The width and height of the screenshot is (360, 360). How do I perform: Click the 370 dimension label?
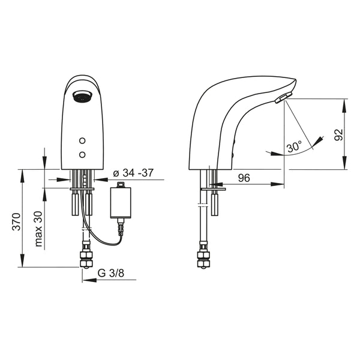coord(17,221)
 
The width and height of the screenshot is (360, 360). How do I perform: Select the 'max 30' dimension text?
coord(38,229)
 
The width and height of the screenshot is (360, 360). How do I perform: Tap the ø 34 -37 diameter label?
coord(133,173)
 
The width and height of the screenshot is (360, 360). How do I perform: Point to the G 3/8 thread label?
coord(111,273)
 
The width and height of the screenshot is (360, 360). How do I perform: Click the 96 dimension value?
coord(244,178)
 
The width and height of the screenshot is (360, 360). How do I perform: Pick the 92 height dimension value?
coord(338,135)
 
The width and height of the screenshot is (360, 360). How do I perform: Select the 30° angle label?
coord(295,146)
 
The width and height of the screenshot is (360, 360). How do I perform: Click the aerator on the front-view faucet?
coord(82,96)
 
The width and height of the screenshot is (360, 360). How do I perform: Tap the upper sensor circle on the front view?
coord(82,140)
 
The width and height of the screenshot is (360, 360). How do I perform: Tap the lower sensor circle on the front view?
coord(82,155)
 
